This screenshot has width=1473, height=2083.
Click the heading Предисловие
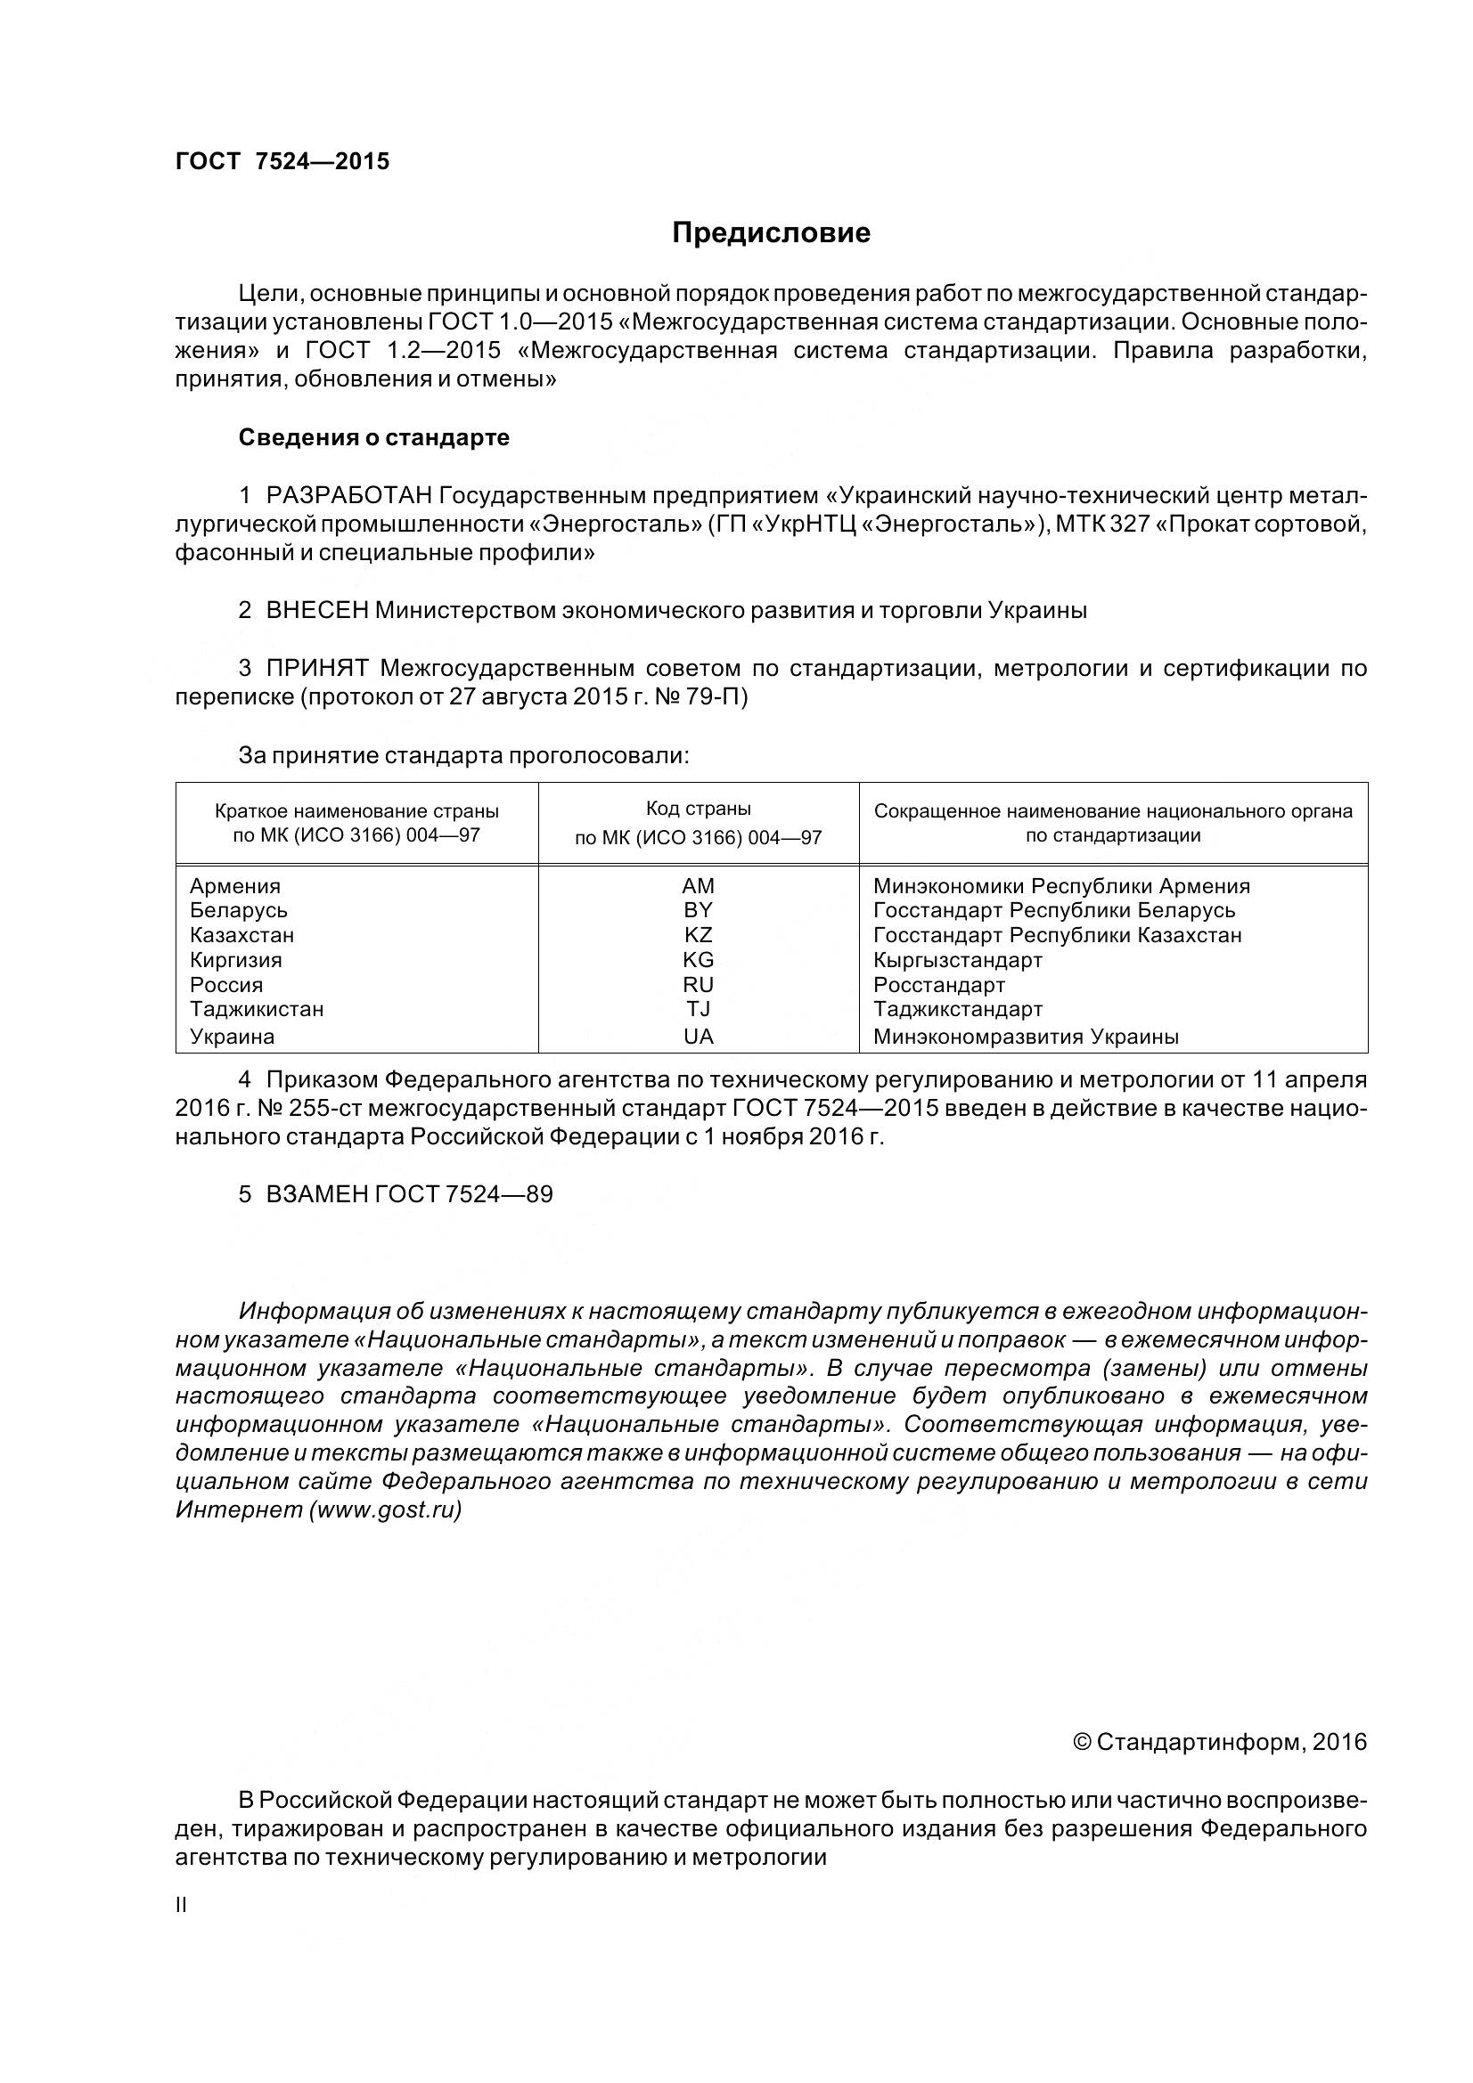[771, 233]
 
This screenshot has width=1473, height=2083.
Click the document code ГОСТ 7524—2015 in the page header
[282, 161]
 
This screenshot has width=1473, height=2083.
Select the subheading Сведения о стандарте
[374, 437]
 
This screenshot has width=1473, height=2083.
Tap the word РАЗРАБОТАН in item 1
[348, 495]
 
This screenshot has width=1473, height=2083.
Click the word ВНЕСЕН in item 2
[316, 611]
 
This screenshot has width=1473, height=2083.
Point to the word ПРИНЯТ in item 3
[316, 669]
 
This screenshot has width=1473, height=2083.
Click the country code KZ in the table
[698, 934]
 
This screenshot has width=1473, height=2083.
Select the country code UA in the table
[698, 1036]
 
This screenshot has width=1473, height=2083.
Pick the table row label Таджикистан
[257, 1009]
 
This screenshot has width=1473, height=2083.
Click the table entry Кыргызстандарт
[958, 960]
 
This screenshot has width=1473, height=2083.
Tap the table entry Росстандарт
[939, 985]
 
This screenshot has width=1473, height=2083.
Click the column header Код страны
[698, 809]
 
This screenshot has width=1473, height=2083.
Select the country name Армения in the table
[235, 886]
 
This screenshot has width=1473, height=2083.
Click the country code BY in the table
[698, 910]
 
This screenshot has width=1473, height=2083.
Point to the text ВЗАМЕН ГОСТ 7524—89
[408, 1194]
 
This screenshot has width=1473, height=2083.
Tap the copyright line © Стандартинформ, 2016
[1220, 1742]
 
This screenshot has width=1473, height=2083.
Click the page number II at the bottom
[181, 1905]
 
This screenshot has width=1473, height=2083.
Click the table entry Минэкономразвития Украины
[1026, 1036]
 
